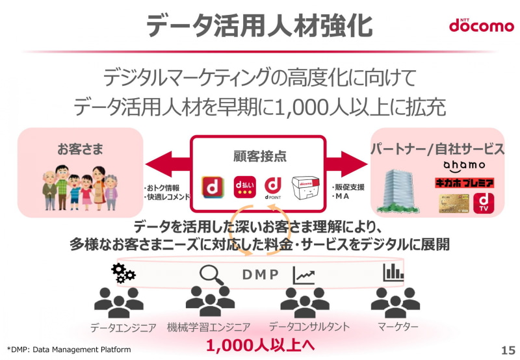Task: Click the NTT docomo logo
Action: coord(481,25)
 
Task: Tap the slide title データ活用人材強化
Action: coord(259,25)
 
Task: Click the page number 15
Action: coord(508,350)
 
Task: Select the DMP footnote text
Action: coord(69,350)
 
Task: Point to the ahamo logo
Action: coord(464,166)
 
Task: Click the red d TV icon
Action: coord(484,203)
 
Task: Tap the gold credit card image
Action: coord(454,203)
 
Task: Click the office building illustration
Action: coord(398,191)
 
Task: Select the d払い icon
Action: coord(244,187)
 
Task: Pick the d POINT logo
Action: coord(272,188)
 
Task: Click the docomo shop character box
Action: coord(305,188)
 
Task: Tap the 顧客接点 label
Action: coord(259,156)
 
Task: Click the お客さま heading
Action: coord(80,149)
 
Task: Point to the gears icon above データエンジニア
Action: coord(123,273)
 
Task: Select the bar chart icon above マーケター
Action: coord(394,272)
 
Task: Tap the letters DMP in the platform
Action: coord(261,274)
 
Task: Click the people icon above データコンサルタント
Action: coord(305,302)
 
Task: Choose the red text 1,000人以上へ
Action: coord(261,345)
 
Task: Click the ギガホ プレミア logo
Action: coord(464,183)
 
